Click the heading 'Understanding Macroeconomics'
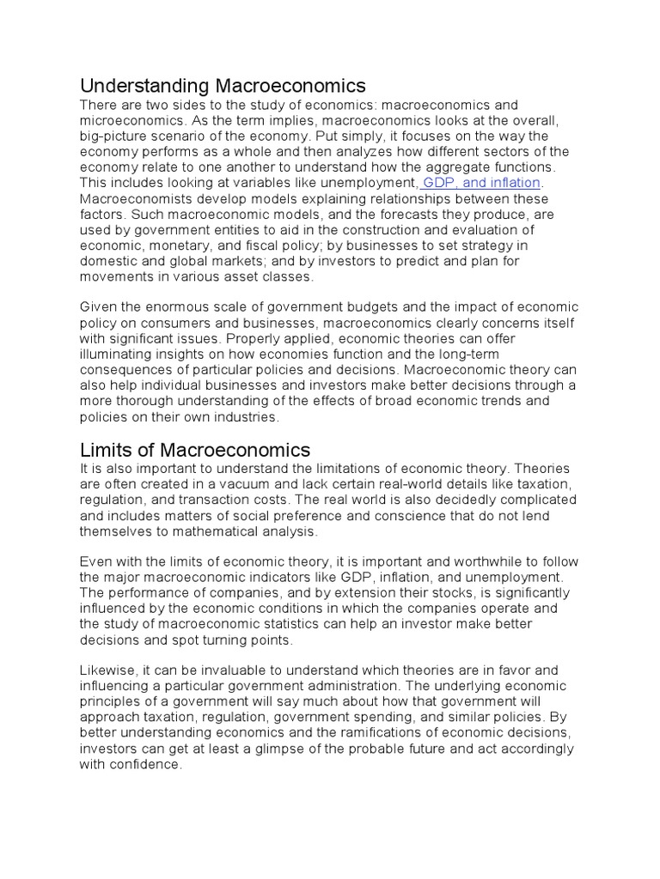pyautogui.click(x=223, y=86)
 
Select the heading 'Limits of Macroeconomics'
pyautogui.click(x=195, y=450)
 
